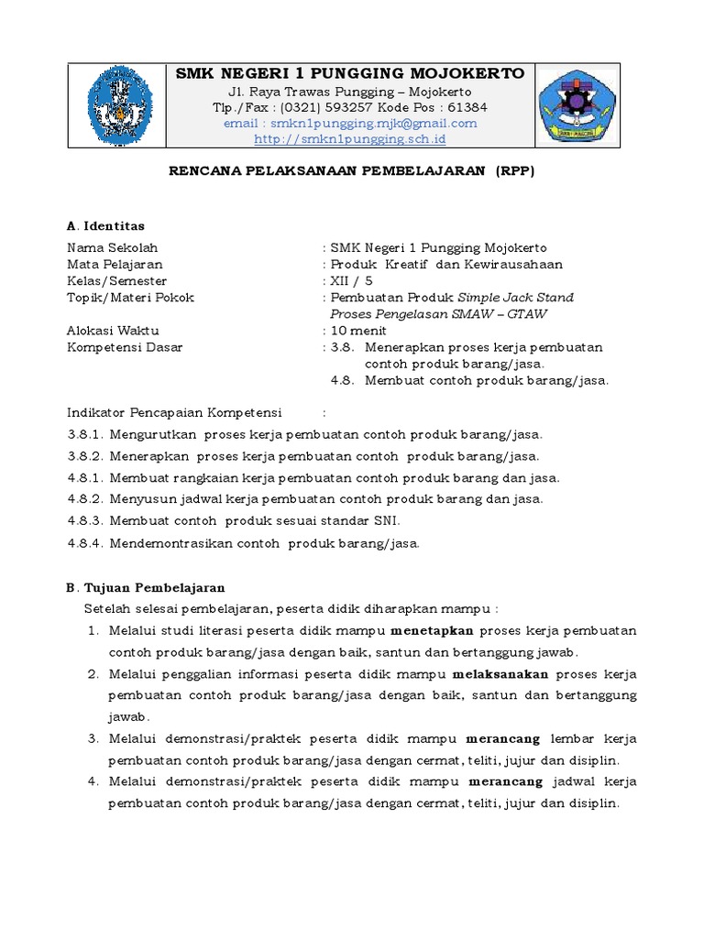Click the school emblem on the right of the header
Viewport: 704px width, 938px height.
point(577,105)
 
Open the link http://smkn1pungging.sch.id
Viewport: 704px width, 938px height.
point(349,139)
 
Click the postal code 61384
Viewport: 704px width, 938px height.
point(468,107)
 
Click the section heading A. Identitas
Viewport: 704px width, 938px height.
point(106,225)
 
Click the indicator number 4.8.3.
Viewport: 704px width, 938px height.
point(86,520)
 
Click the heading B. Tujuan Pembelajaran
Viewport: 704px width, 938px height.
point(147,587)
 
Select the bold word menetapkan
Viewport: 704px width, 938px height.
point(432,631)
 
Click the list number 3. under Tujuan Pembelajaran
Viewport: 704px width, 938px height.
point(93,738)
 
